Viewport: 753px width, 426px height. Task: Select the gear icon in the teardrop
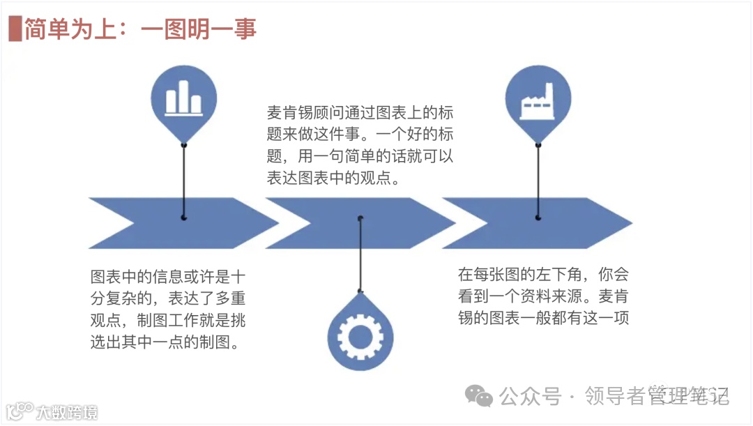[360, 336]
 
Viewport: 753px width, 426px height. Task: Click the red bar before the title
[13, 29]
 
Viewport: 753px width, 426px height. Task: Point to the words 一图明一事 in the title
[199, 29]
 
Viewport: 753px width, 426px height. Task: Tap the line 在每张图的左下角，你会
[542, 274]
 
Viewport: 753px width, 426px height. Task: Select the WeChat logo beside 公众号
[479, 396]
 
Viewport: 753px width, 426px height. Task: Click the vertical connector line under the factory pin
[538, 181]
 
